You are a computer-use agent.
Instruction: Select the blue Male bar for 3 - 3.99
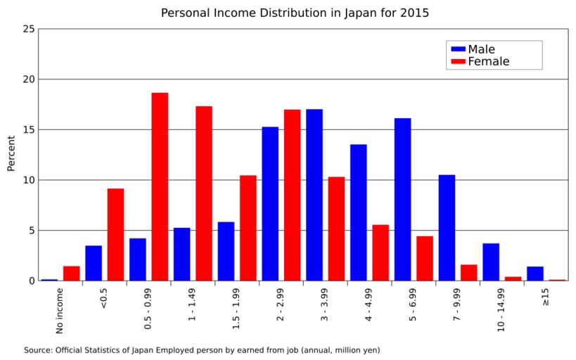(314, 195)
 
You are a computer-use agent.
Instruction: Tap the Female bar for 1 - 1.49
(204, 193)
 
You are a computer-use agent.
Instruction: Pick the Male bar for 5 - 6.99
(402, 199)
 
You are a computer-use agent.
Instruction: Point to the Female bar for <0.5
(115, 234)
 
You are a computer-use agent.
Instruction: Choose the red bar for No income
(71, 274)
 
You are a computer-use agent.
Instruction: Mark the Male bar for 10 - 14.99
(491, 262)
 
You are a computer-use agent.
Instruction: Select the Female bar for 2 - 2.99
(292, 195)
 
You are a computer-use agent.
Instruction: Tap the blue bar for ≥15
(535, 274)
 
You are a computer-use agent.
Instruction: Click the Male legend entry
(481, 49)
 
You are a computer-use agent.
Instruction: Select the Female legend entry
(488, 62)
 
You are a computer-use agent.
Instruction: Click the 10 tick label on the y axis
(28, 180)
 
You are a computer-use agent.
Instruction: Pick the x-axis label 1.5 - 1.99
(237, 309)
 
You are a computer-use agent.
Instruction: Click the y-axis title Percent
(11, 153)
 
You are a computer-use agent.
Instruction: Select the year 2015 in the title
(415, 13)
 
